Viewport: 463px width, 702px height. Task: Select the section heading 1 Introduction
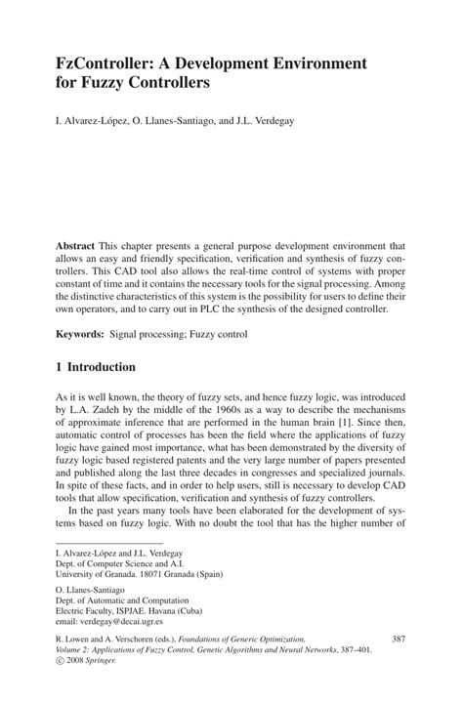tap(102, 368)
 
